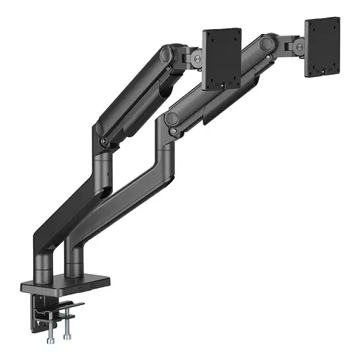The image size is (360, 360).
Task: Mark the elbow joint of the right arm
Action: [x=171, y=121]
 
